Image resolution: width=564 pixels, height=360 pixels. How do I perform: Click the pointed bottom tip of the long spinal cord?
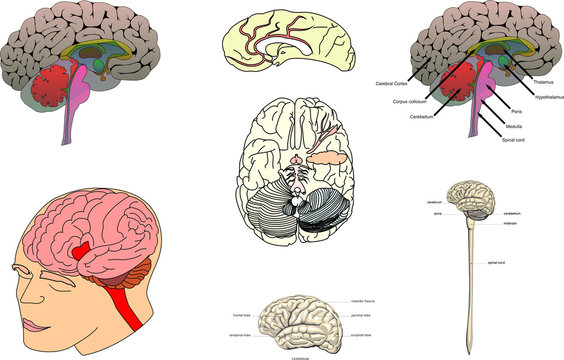coord(468,335)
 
